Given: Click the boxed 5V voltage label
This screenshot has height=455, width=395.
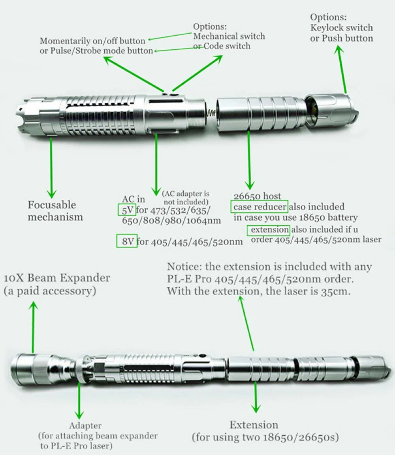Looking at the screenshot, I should (126, 209).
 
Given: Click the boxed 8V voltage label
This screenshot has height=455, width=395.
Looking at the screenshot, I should (127, 241).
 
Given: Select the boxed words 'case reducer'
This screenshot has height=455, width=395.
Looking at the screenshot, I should (260, 207).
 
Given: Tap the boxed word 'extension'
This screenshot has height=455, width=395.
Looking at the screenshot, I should (268, 230).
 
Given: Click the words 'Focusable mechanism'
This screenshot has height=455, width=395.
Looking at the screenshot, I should (55, 211).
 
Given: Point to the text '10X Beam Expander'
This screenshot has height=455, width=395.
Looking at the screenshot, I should (57, 278).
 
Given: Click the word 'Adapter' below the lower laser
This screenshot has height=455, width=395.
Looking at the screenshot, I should (85, 426).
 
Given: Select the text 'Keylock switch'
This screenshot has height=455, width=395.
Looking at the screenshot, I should (341, 28).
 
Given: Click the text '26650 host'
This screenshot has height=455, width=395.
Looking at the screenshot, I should (257, 196).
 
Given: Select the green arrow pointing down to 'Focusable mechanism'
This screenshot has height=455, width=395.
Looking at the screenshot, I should (51, 166).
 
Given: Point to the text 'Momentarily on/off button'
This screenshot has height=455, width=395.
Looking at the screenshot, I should (92, 41).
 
